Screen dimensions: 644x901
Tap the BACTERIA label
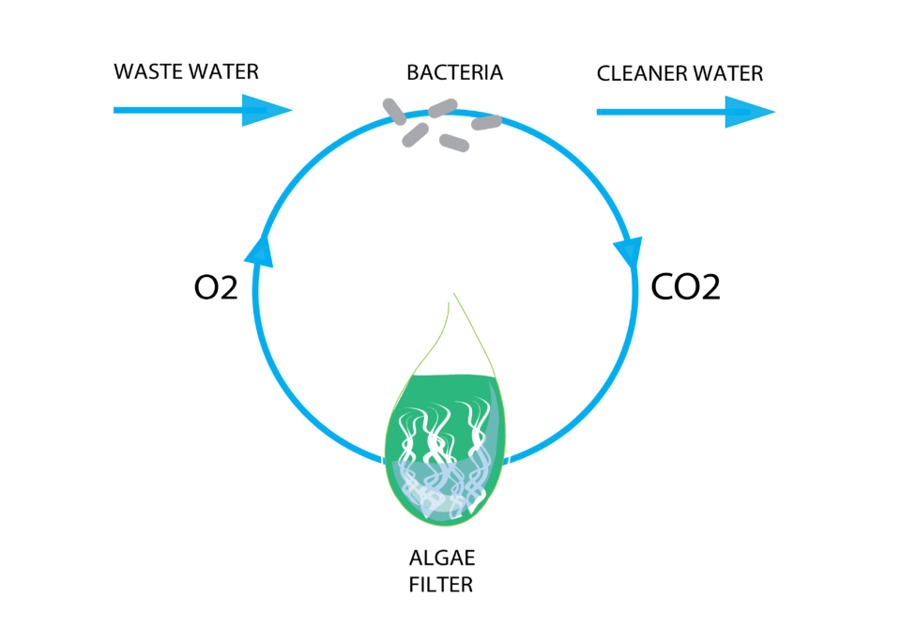pyautogui.click(x=455, y=72)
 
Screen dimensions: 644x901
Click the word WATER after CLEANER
pyautogui.click(x=727, y=73)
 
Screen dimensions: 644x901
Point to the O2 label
pyautogui.click(x=215, y=288)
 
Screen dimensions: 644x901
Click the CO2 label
pyautogui.click(x=685, y=286)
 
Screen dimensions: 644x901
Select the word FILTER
pyautogui.click(x=440, y=585)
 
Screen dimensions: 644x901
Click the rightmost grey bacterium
pyautogui.click(x=486, y=122)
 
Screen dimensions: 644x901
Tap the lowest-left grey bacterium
pyautogui.click(x=416, y=135)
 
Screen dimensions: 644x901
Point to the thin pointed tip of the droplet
pyautogui.click(x=454, y=299)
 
